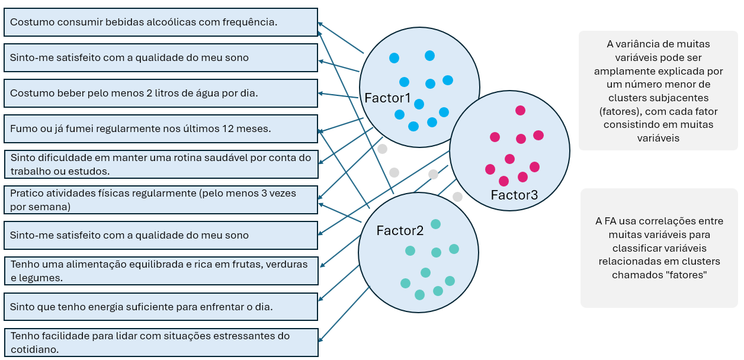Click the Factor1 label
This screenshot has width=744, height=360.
click(387, 98)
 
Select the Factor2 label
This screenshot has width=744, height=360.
click(400, 231)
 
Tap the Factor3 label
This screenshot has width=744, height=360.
click(514, 195)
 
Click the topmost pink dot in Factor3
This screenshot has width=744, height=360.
click(520, 110)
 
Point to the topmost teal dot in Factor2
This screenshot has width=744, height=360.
click(435, 224)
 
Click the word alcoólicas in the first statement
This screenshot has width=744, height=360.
click(188, 22)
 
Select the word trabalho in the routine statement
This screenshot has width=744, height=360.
click(30, 171)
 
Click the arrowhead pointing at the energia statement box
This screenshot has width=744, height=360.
click(320, 301)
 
